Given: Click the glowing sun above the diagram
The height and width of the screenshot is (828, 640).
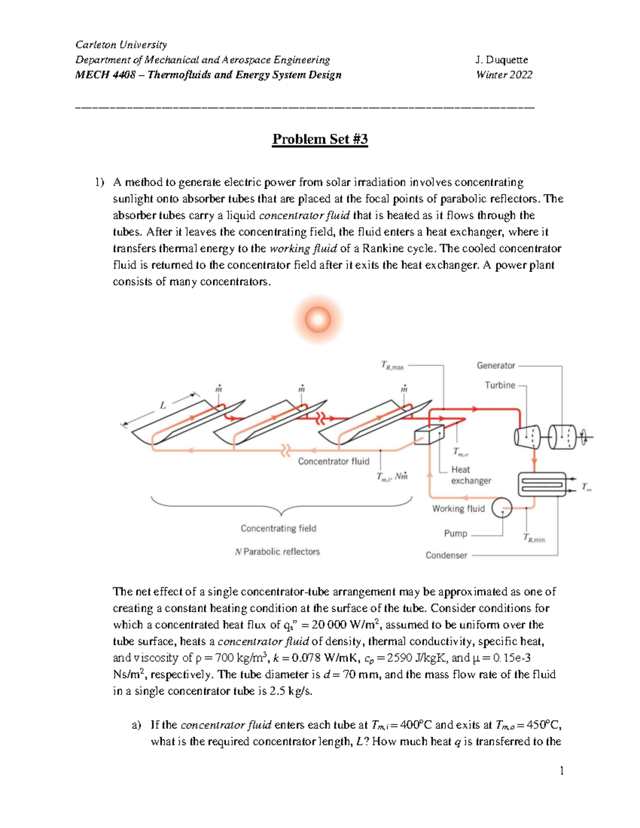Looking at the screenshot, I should click(318, 320).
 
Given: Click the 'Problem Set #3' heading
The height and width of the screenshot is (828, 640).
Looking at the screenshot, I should click(320, 139).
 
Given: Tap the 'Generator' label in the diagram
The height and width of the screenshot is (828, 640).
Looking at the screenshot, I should click(495, 365).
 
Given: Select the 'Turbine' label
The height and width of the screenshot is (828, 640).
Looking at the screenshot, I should click(500, 385).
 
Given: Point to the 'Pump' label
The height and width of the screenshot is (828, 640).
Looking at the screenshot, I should click(455, 533).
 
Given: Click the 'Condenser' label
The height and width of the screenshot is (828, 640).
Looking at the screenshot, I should click(446, 555).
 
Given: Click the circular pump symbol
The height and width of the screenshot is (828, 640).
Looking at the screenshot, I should click(501, 508).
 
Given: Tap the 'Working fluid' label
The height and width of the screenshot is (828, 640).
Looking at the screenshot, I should click(458, 509).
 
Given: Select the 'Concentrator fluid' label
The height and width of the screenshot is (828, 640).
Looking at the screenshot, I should click(333, 461).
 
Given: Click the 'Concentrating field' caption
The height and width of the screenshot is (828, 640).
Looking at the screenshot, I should click(278, 528).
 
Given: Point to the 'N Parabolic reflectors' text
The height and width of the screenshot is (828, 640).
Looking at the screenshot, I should click(277, 552).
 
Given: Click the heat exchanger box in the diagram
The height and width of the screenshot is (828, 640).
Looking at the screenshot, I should click(429, 435).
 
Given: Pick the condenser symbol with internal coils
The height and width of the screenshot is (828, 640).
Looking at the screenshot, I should click(542, 484).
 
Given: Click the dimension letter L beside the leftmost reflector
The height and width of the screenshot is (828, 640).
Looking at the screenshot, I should click(163, 406).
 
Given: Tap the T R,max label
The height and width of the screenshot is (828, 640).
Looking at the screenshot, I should click(392, 366).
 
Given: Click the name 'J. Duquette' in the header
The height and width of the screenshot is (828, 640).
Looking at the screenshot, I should click(501, 60).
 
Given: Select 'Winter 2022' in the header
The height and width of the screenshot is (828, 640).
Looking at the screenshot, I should click(504, 75).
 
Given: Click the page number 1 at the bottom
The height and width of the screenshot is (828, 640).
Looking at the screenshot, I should click(562, 770).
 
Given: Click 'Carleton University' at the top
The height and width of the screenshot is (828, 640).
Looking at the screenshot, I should click(121, 44).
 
